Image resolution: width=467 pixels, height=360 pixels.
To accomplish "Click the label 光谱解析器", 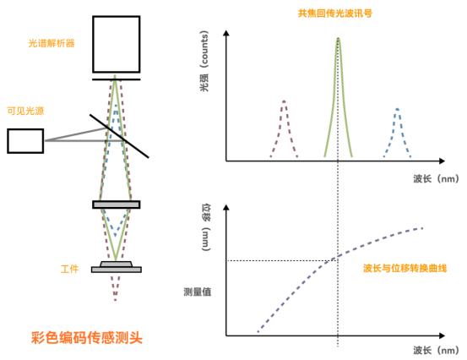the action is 52,43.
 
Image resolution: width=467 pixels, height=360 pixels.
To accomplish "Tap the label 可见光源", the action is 25,112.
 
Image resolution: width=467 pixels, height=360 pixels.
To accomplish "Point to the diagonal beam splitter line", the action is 119,136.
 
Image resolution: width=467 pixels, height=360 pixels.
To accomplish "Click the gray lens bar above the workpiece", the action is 117,205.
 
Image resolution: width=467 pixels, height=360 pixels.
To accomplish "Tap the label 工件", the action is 70,269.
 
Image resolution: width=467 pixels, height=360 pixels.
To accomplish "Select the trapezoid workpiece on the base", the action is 117,264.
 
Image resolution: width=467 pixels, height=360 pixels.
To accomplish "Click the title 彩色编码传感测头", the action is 87,338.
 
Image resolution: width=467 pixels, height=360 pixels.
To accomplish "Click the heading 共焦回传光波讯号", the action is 335,14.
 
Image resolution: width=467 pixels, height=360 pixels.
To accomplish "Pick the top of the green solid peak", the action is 338,38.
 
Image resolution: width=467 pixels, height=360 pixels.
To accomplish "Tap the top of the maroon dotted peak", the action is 284,101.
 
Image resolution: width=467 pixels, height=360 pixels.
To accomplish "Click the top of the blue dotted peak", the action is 397,109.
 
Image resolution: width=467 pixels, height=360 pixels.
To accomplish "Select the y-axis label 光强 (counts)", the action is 204,61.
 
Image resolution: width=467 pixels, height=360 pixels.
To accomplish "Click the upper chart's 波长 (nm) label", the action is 436,179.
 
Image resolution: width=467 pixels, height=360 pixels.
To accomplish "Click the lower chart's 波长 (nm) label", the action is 436,351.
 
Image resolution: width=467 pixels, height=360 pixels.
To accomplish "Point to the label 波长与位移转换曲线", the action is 405,269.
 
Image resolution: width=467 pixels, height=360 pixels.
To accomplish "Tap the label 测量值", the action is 198,292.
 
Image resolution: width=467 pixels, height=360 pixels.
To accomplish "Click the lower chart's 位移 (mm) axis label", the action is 206,227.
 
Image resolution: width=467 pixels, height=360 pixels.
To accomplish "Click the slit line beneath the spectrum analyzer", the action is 117,79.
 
